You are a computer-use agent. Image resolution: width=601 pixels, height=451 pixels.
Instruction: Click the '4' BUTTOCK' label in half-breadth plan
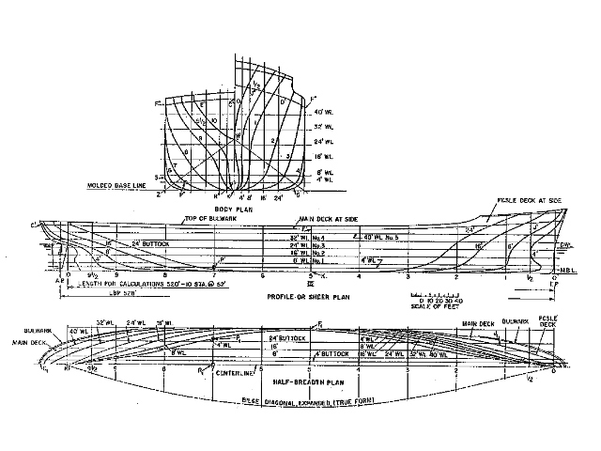(326, 354)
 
